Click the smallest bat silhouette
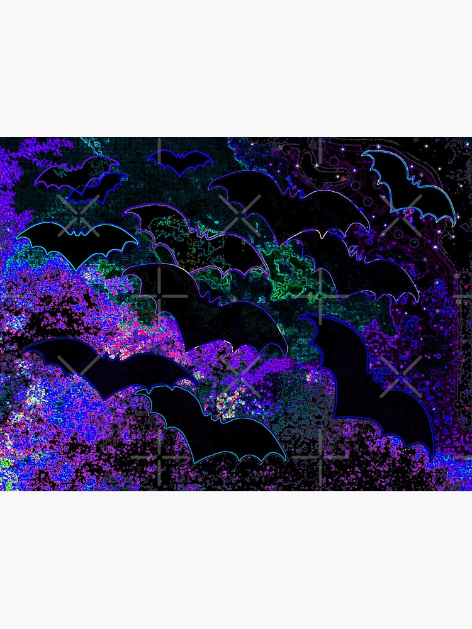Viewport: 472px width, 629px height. pos(179,162)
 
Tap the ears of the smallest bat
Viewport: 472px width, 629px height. pos(179,153)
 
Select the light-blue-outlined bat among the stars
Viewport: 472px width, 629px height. pos(412,186)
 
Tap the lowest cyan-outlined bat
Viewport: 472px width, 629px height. pos(208,421)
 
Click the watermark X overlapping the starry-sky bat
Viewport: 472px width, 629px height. pos(401,214)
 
